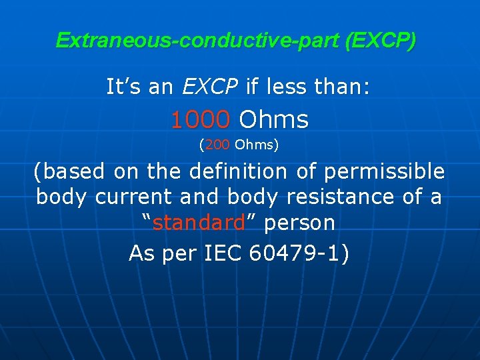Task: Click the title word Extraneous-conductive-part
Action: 198,41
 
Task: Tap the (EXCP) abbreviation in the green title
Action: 381,41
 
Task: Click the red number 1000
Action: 201,120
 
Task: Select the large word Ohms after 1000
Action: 274,120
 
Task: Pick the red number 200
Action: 217,143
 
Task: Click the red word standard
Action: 199,223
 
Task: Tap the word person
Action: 300,223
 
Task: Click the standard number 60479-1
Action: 297,253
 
